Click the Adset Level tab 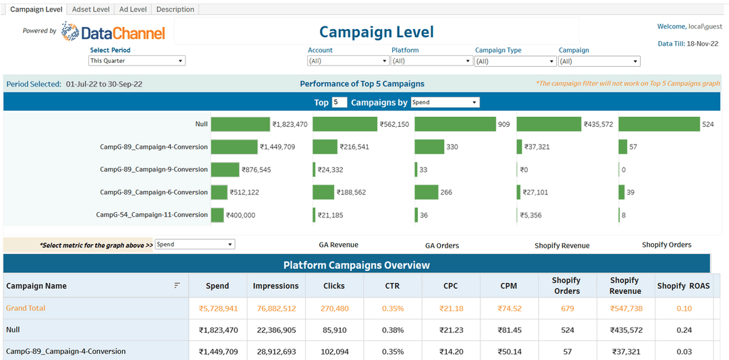point(90,9)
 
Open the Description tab point(175,9)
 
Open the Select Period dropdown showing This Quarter point(137,61)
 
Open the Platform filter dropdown point(431,61)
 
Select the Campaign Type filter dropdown point(514,61)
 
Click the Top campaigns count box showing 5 point(340,103)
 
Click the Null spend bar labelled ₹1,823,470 point(240,124)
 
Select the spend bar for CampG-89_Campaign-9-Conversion point(225,170)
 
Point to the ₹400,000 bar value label point(241,215)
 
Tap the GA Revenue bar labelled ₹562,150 point(344,124)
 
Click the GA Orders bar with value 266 point(427,192)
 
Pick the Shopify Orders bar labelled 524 point(659,124)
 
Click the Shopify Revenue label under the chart point(562,246)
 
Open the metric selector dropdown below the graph point(194,245)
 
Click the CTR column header point(392,286)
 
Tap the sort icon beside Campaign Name point(177,286)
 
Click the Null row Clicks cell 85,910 point(333,330)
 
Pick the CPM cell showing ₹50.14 point(509,351)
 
